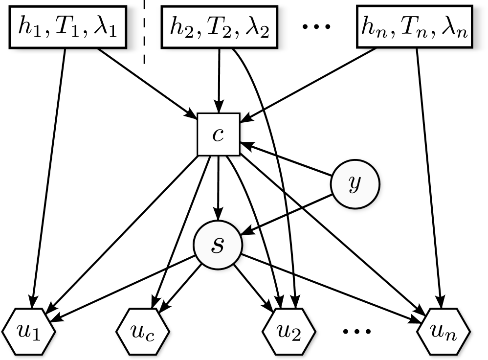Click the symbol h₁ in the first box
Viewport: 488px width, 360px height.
pyautogui.click(x=27, y=27)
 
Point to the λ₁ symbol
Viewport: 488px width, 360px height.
pyautogui.click(x=104, y=27)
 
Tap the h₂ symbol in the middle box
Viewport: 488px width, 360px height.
pyautogui.click(x=179, y=27)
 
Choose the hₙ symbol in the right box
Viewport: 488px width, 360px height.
pyautogui.click(x=373, y=27)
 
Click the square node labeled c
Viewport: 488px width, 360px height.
pyautogui.click(x=218, y=135)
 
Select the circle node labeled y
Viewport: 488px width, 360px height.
pyautogui.click(x=355, y=184)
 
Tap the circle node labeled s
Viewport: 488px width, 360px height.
pyautogui.click(x=218, y=245)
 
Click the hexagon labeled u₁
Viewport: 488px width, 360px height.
pyautogui.click(x=28, y=332)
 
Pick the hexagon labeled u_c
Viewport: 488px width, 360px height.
pyautogui.click(x=143, y=332)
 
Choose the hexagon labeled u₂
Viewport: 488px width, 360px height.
pyautogui.click(x=289, y=332)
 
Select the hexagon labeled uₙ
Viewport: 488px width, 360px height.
pyautogui.click(x=444, y=332)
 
